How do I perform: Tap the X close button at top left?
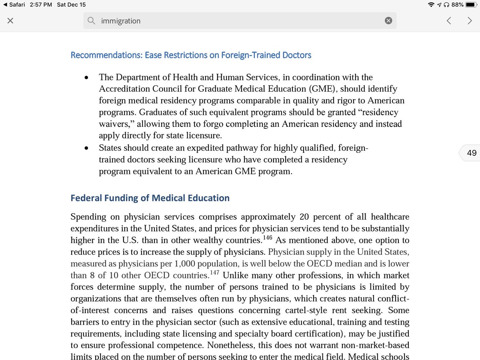pos(10,21)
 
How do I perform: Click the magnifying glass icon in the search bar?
pos(92,21)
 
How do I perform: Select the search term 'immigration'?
pos(121,21)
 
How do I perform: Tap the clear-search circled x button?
pos(388,21)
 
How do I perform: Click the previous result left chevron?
pos(449,21)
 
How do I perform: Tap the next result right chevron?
pos(470,21)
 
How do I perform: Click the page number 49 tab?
pos(471,153)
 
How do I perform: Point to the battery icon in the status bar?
pos(472,5)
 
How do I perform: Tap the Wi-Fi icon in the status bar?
pos(431,5)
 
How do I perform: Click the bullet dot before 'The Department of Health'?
pos(86,78)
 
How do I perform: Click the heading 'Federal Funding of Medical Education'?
pos(150,198)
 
